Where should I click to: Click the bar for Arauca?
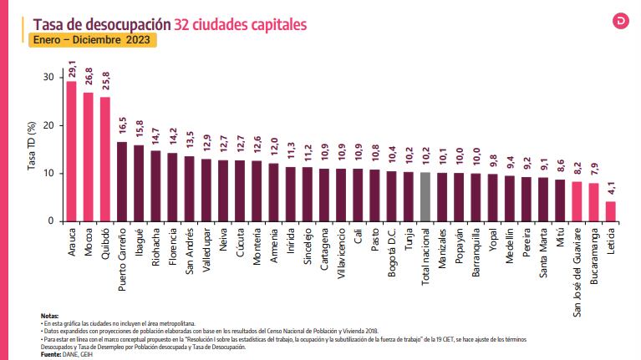point(71,151)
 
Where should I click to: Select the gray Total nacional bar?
point(425,197)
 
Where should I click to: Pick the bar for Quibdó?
point(104,159)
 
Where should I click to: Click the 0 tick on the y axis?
point(50,221)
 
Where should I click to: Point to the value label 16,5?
point(122,129)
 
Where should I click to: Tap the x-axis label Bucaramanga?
point(594,255)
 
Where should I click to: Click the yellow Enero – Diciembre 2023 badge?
point(93,39)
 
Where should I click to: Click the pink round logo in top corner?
point(621,21)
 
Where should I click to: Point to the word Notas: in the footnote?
point(49,314)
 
